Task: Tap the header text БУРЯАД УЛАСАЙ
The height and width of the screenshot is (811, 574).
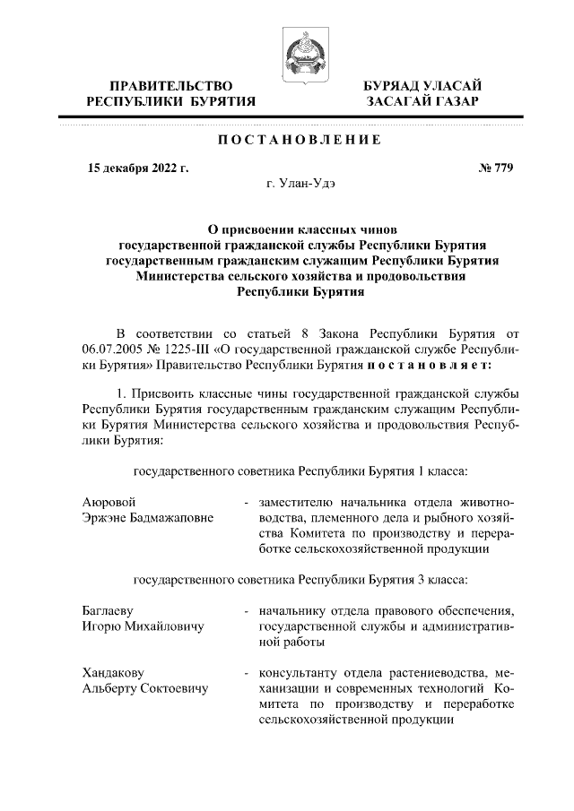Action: (x=421, y=85)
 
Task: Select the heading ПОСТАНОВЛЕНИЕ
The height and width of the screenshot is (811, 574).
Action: (x=300, y=140)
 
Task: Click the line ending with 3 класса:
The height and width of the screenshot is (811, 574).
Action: (x=300, y=578)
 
